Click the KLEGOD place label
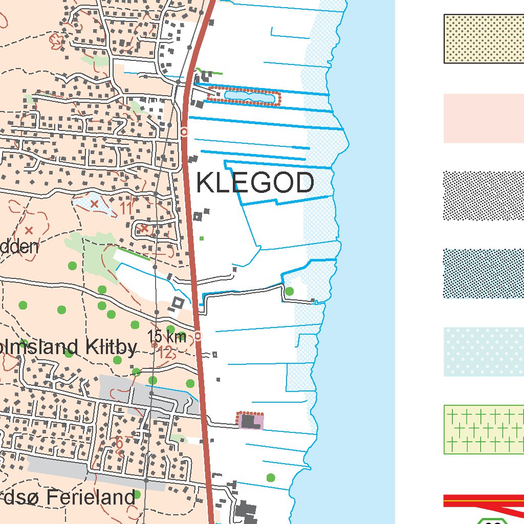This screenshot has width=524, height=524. pos(255,183)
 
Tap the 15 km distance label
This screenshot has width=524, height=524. pos(167,337)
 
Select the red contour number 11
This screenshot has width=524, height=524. pos(126,208)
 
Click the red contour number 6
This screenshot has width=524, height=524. pos(119,443)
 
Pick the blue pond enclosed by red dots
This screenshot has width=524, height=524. pos(244,96)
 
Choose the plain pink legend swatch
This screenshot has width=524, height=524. pos(484,118)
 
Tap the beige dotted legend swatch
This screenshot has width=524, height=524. pos(484,39)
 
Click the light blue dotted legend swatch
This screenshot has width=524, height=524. pos(484,352)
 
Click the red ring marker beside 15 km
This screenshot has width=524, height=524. pos(198,336)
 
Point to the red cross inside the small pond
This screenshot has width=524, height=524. pos(94,204)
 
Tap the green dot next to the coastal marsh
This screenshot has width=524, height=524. pos(290,291)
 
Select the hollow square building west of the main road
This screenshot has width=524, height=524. pos(178,303)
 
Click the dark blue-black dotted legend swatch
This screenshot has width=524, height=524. pos(484,274)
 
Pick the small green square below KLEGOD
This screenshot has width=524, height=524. pos(202,238)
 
